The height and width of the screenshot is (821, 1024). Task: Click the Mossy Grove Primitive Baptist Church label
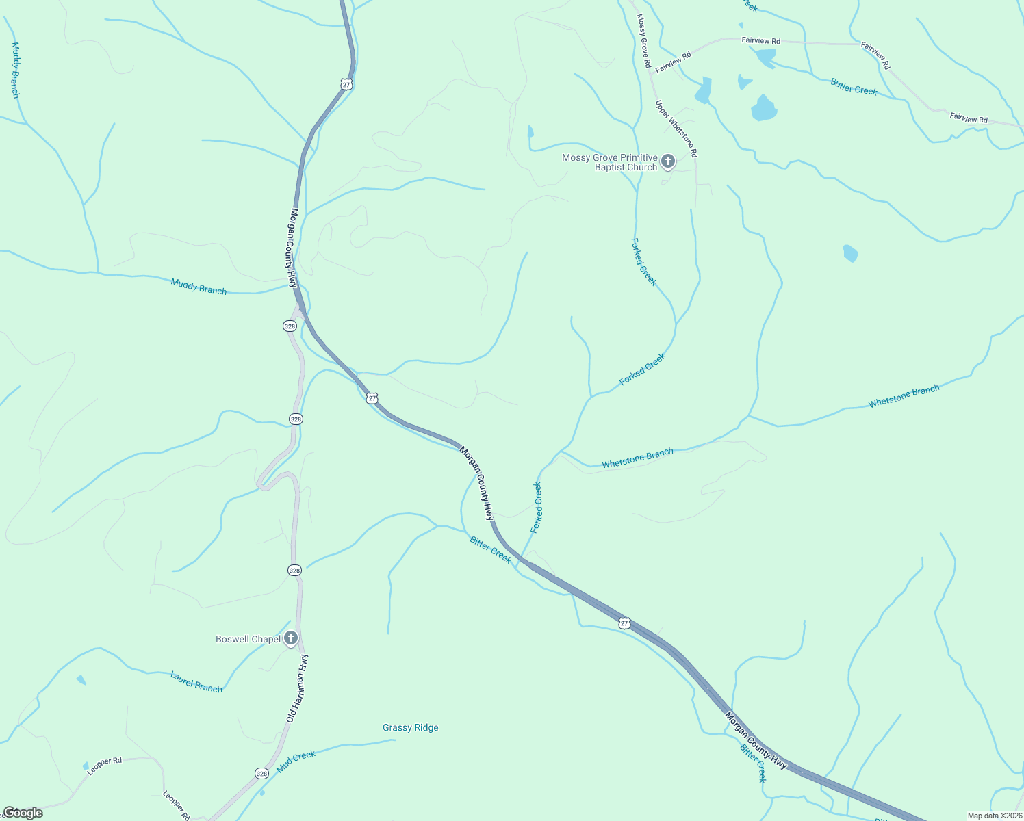609,162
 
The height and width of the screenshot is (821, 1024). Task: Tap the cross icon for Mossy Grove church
668,162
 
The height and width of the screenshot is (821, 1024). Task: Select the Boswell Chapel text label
248,639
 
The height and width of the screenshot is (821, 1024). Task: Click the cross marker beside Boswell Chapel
291,639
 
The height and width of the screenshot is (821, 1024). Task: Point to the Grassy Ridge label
411,727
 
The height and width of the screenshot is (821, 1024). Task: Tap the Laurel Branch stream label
196,682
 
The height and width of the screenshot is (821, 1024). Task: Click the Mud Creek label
296,761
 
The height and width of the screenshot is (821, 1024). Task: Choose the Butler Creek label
854,87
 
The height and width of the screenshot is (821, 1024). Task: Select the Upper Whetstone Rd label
676,129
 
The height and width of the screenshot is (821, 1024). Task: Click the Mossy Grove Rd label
643,40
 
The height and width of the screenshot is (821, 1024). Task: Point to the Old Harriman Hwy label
297,688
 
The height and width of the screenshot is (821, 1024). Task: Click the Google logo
23,813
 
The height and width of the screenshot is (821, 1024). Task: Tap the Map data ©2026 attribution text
994,816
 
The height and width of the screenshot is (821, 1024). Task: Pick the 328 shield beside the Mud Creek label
261,773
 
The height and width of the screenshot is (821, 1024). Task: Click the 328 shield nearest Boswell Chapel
294,570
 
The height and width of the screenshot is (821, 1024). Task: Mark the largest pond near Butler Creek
764,108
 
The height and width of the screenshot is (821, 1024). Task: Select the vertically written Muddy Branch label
15,70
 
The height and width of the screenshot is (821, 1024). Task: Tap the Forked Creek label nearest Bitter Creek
537,507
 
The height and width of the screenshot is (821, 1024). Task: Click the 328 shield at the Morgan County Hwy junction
290,326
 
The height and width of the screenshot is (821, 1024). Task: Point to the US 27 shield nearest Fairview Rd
346,84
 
